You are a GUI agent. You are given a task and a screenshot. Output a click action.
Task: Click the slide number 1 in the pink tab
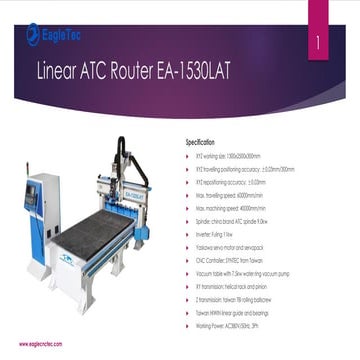[318, 45]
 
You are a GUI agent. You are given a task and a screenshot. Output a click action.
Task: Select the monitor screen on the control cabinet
[31, 196]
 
